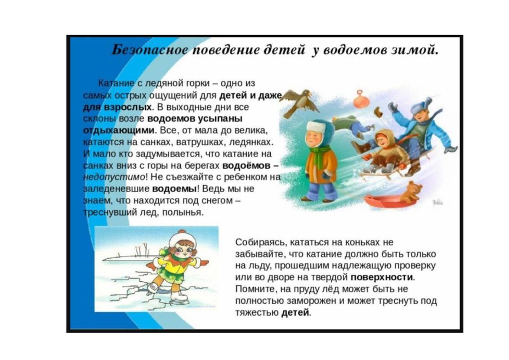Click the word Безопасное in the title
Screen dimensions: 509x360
coord(150,50)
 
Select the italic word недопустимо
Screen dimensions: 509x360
coord(114,177)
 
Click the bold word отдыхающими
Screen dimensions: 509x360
coord(120,130)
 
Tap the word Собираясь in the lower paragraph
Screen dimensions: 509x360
coord(261,243)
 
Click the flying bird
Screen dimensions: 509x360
coord(298,102)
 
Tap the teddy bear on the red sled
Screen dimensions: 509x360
coord(411,192)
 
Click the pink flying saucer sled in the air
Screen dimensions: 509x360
coord(362,100)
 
